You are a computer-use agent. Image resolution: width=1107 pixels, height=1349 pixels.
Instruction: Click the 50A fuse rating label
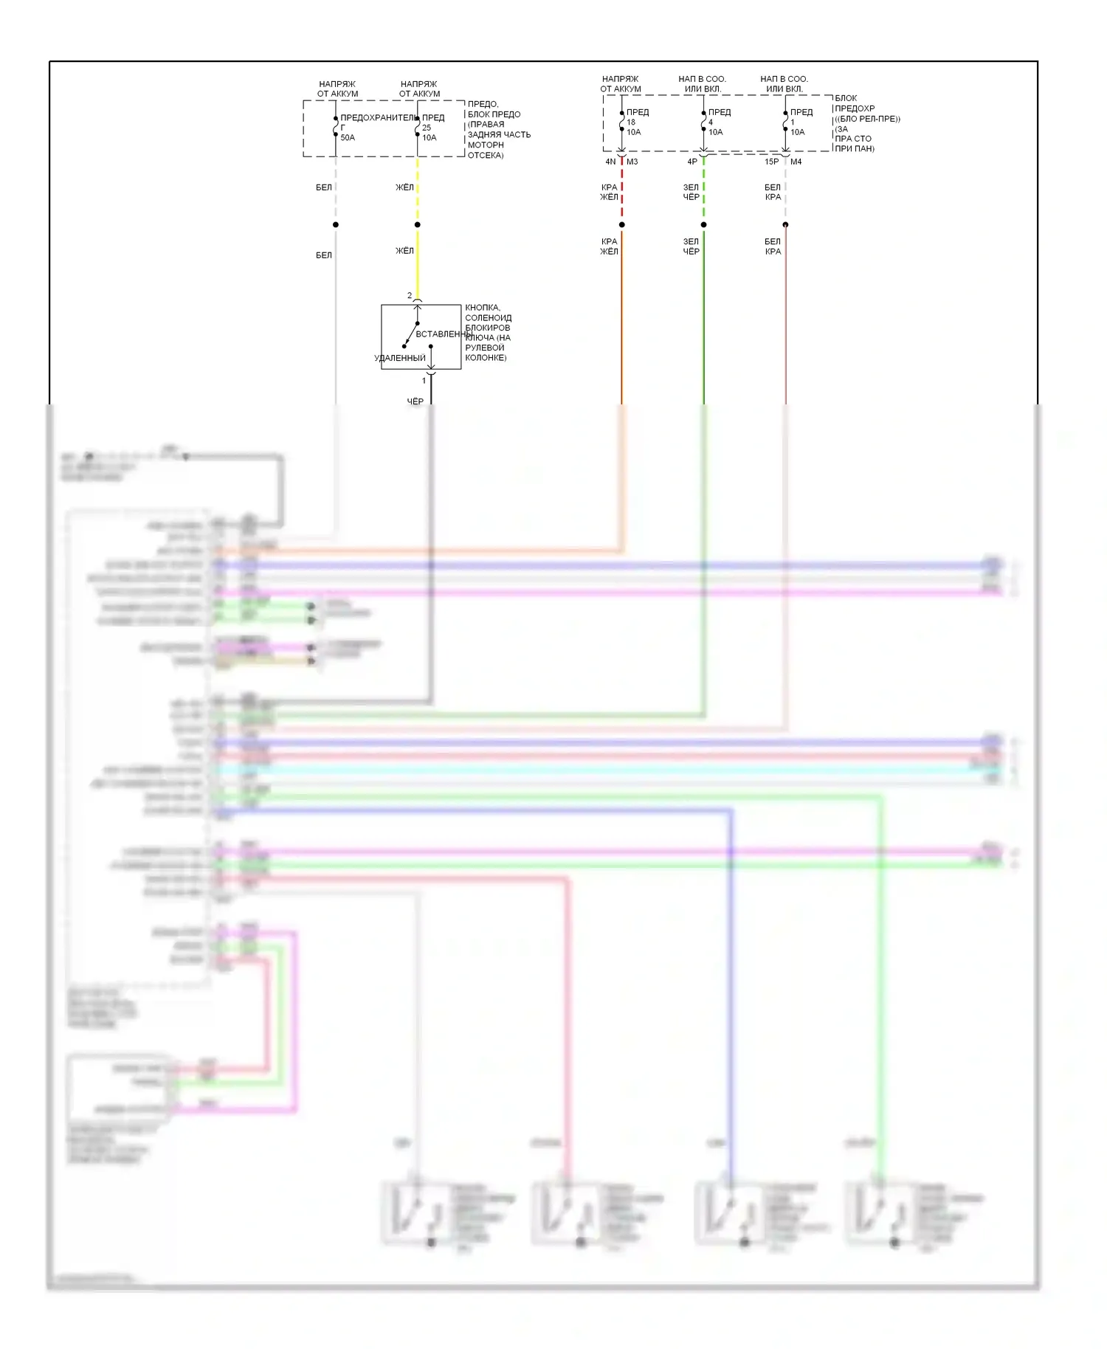click(x=348, y=138)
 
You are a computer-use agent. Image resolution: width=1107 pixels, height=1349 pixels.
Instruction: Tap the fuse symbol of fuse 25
click(x=418, y=126)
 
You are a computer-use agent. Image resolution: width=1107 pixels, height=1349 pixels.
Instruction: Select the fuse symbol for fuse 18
click(x=621, y=121)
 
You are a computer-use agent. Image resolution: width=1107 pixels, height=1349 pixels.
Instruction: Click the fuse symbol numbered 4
click(x=703, y=121)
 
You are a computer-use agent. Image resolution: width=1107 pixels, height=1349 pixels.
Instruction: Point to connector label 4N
click(x=610, y=162)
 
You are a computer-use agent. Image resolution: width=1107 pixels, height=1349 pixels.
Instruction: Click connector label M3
click(x=632, y=162)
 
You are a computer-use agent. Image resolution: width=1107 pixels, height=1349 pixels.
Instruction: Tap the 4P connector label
click(x=692, y=162)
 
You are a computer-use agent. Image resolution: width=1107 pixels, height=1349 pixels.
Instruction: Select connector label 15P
click(x=771, y=162)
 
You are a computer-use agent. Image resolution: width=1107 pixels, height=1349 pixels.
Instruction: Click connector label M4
click(x=796, y=162)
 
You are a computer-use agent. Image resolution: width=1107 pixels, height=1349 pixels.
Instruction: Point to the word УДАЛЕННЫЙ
click(x=400, y=359)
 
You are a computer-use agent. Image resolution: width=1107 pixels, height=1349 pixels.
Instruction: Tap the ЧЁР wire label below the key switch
click(x=415, y=401)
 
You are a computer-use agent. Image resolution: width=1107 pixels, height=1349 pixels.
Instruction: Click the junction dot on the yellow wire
click(x=418, y=224)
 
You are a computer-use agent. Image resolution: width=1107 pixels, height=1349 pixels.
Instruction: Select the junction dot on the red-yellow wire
click(x=622, y=224)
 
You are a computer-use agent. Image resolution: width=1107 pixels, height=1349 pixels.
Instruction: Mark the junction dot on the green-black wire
click(x=703, y=224)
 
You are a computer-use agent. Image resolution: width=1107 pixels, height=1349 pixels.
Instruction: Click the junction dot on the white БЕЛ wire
click(x=336, y=224)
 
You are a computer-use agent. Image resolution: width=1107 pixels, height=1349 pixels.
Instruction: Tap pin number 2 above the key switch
click(x=410, y=296)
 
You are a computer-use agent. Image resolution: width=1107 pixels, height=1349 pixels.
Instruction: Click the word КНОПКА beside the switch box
click(x=482, y=308)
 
